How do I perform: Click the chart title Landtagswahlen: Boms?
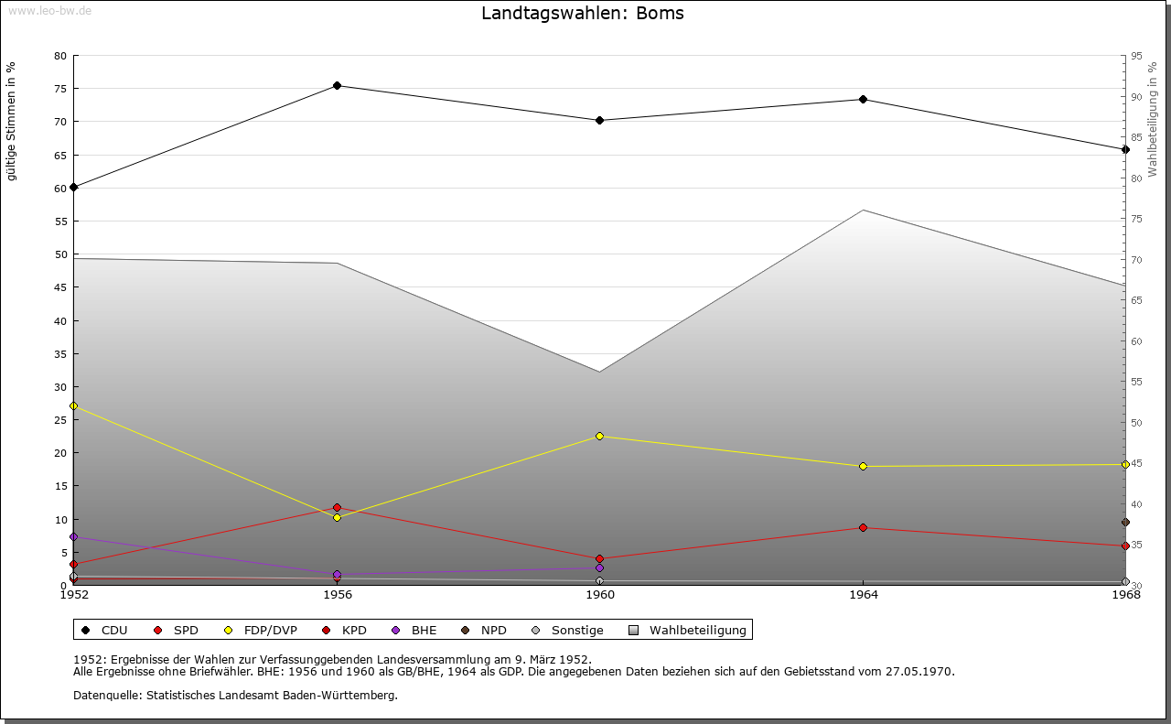click(583, 14)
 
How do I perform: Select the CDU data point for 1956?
click(337, 86)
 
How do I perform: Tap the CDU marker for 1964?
click(863, 100)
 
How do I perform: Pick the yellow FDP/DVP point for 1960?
click(600, 437)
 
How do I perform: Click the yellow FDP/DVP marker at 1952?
click(74, 405)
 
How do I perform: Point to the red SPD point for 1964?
click(863, 528)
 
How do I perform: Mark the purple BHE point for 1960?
click(600, 568)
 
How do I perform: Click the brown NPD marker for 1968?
click(1125, 523)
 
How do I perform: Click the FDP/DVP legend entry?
click(262, 631)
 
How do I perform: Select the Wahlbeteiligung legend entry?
click(688, 631)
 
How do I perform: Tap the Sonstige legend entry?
click(567, 631)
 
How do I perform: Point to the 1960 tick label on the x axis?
click(600, 595)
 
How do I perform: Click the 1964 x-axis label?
click(863, 595)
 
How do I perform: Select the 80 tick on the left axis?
click(60, 56)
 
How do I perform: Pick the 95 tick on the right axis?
click(1136, 56)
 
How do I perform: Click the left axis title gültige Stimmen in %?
click(12, 121)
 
